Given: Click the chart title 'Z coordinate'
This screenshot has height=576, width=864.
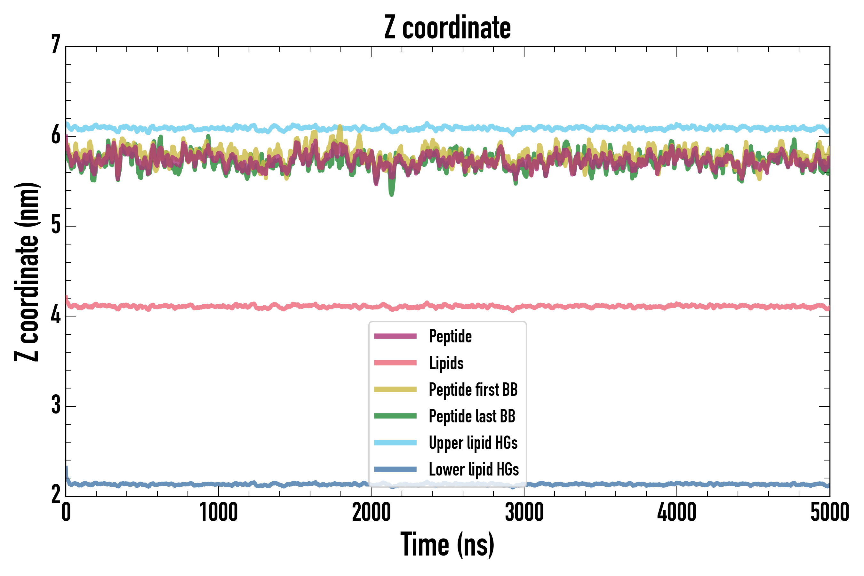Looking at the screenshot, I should coord(447,28).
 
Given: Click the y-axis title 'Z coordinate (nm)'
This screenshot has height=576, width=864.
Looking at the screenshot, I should coord(27,271).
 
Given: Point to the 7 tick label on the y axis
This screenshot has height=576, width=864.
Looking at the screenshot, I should coord(56,45).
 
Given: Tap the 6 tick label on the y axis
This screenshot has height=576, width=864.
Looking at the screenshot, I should coord(56,135).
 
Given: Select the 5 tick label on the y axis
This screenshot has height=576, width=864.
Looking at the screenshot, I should coord(56,225).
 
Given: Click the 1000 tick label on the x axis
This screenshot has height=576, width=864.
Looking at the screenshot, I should coord(219,512).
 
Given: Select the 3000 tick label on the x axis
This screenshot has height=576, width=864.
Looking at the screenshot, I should coord(524,512).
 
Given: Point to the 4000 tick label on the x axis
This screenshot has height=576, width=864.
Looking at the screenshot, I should coord(677,512).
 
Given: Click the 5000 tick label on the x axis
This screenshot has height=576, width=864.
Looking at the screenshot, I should coord(829,512).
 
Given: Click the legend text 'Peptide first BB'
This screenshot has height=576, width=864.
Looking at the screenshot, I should coord(473,390).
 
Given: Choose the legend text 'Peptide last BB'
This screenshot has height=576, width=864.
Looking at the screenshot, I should coord(472,416).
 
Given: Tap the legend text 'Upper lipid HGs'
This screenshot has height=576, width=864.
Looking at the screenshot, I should coord(473,443).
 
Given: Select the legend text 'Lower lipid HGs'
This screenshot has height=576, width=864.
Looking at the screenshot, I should coord(474,469).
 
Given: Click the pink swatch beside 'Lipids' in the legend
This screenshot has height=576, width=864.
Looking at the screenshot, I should coord(395,363).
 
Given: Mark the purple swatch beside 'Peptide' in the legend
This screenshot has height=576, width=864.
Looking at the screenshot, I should coord(395,336).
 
